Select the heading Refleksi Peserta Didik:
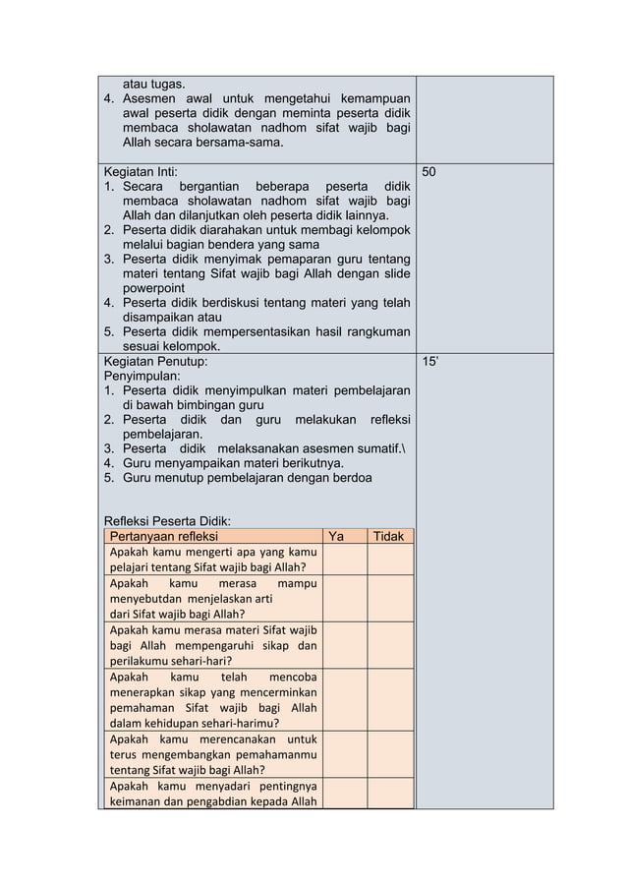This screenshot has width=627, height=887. [167, 521]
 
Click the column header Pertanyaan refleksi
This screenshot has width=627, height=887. [163, 536]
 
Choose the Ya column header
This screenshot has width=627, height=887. [336, 536]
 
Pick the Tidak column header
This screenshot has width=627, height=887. [390, 536]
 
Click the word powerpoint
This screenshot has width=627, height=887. [153, 288]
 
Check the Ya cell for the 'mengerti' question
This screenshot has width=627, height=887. [344, 559]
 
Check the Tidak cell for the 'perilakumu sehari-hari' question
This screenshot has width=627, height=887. [390, 645]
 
